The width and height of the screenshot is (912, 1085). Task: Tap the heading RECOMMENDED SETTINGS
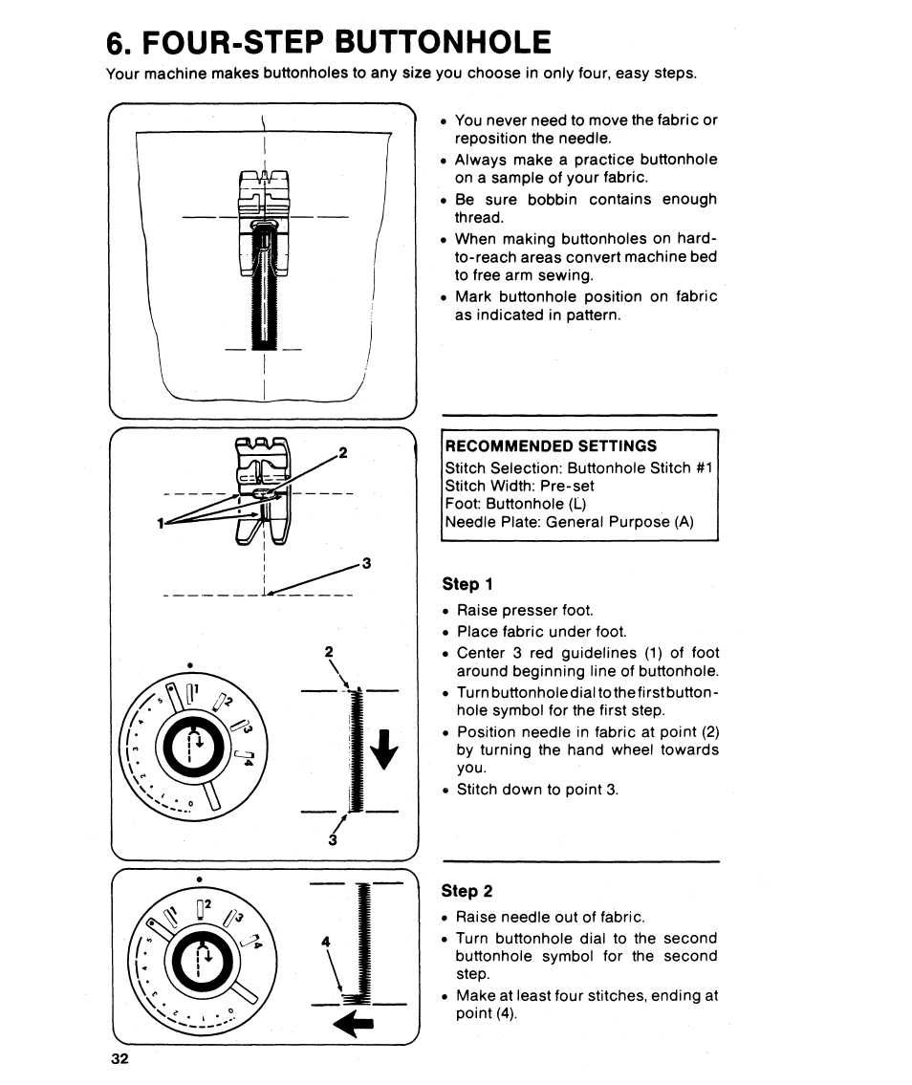pos(552,446)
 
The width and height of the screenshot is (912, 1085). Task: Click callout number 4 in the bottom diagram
pos(326,942)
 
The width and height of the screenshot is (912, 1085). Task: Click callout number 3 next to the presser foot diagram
pos(365,561)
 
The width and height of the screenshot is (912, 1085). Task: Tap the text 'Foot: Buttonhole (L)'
pos(516,504)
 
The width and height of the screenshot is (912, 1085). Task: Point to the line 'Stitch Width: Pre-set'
pos(520,486)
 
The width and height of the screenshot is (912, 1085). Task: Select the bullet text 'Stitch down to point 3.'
pos(537,790)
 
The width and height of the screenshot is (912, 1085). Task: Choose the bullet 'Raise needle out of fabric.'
pos(551,917)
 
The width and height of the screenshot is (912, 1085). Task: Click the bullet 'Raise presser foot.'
pos(525,610)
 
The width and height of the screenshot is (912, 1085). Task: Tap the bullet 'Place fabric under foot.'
pos(541,631)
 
